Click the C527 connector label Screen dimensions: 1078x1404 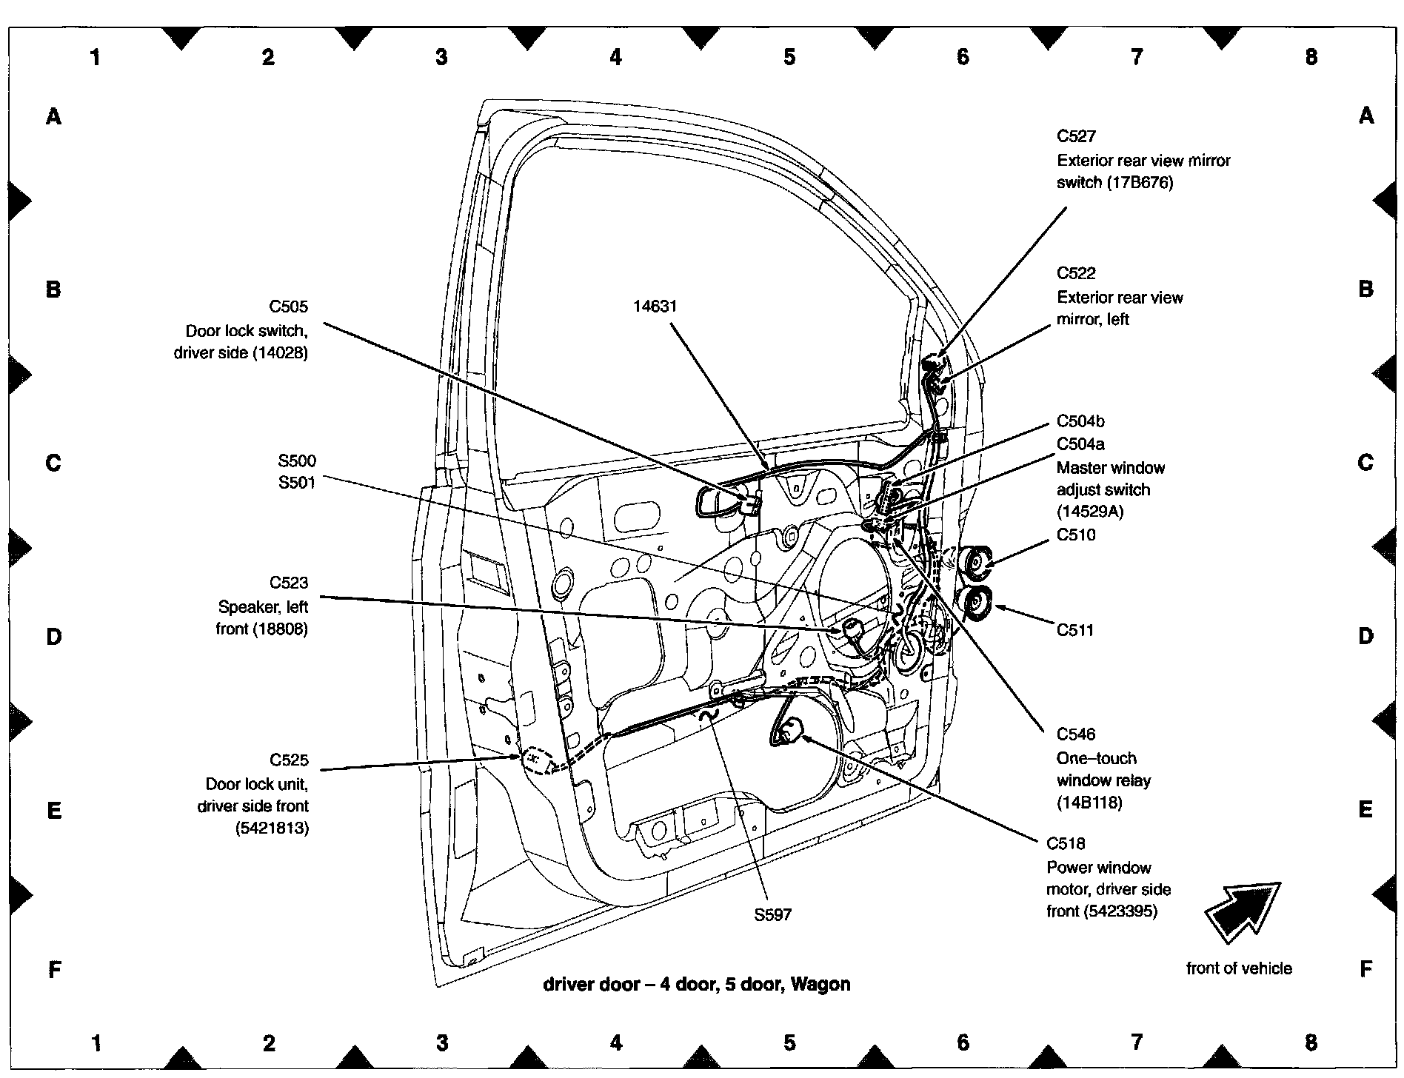coord(1076,136)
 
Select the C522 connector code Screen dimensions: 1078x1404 coord(1076,273)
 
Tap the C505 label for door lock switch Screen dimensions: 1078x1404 coord(288,307)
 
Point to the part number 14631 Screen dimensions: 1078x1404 coord(655,307)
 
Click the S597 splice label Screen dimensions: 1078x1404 coord(772,914)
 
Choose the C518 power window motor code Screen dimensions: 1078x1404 coord(1066,843)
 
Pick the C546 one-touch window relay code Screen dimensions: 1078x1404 coord(1076,734)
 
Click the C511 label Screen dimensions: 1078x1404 coord(1074,630)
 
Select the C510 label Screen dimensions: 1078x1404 coord(1076,535)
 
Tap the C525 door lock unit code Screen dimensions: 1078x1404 coord(289,760)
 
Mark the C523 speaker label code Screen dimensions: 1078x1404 coord(289,583)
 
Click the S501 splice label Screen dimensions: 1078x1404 coord(297,483)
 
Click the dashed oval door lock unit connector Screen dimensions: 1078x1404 coord(535,760)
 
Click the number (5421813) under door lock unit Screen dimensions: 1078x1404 coord(272,828)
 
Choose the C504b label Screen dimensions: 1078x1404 coord(1080,421)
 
